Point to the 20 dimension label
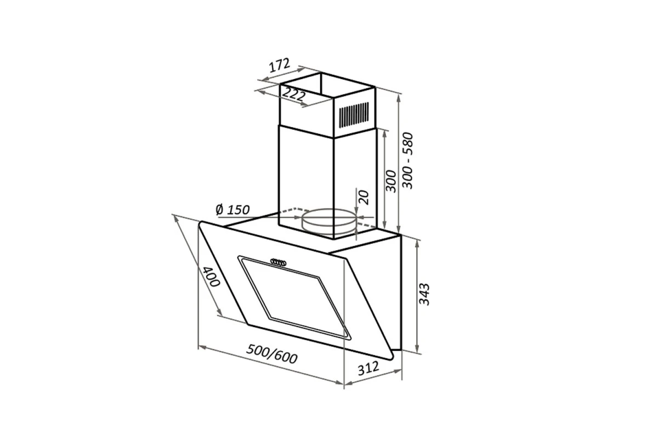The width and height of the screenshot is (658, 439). [x=364, y=198]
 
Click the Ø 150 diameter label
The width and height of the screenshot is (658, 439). [x=232, y=210]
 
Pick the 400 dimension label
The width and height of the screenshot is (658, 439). [x=212, y=277]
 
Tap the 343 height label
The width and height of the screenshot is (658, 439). [x=424, y=294]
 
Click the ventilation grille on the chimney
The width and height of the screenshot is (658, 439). [x=354, y=115]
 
